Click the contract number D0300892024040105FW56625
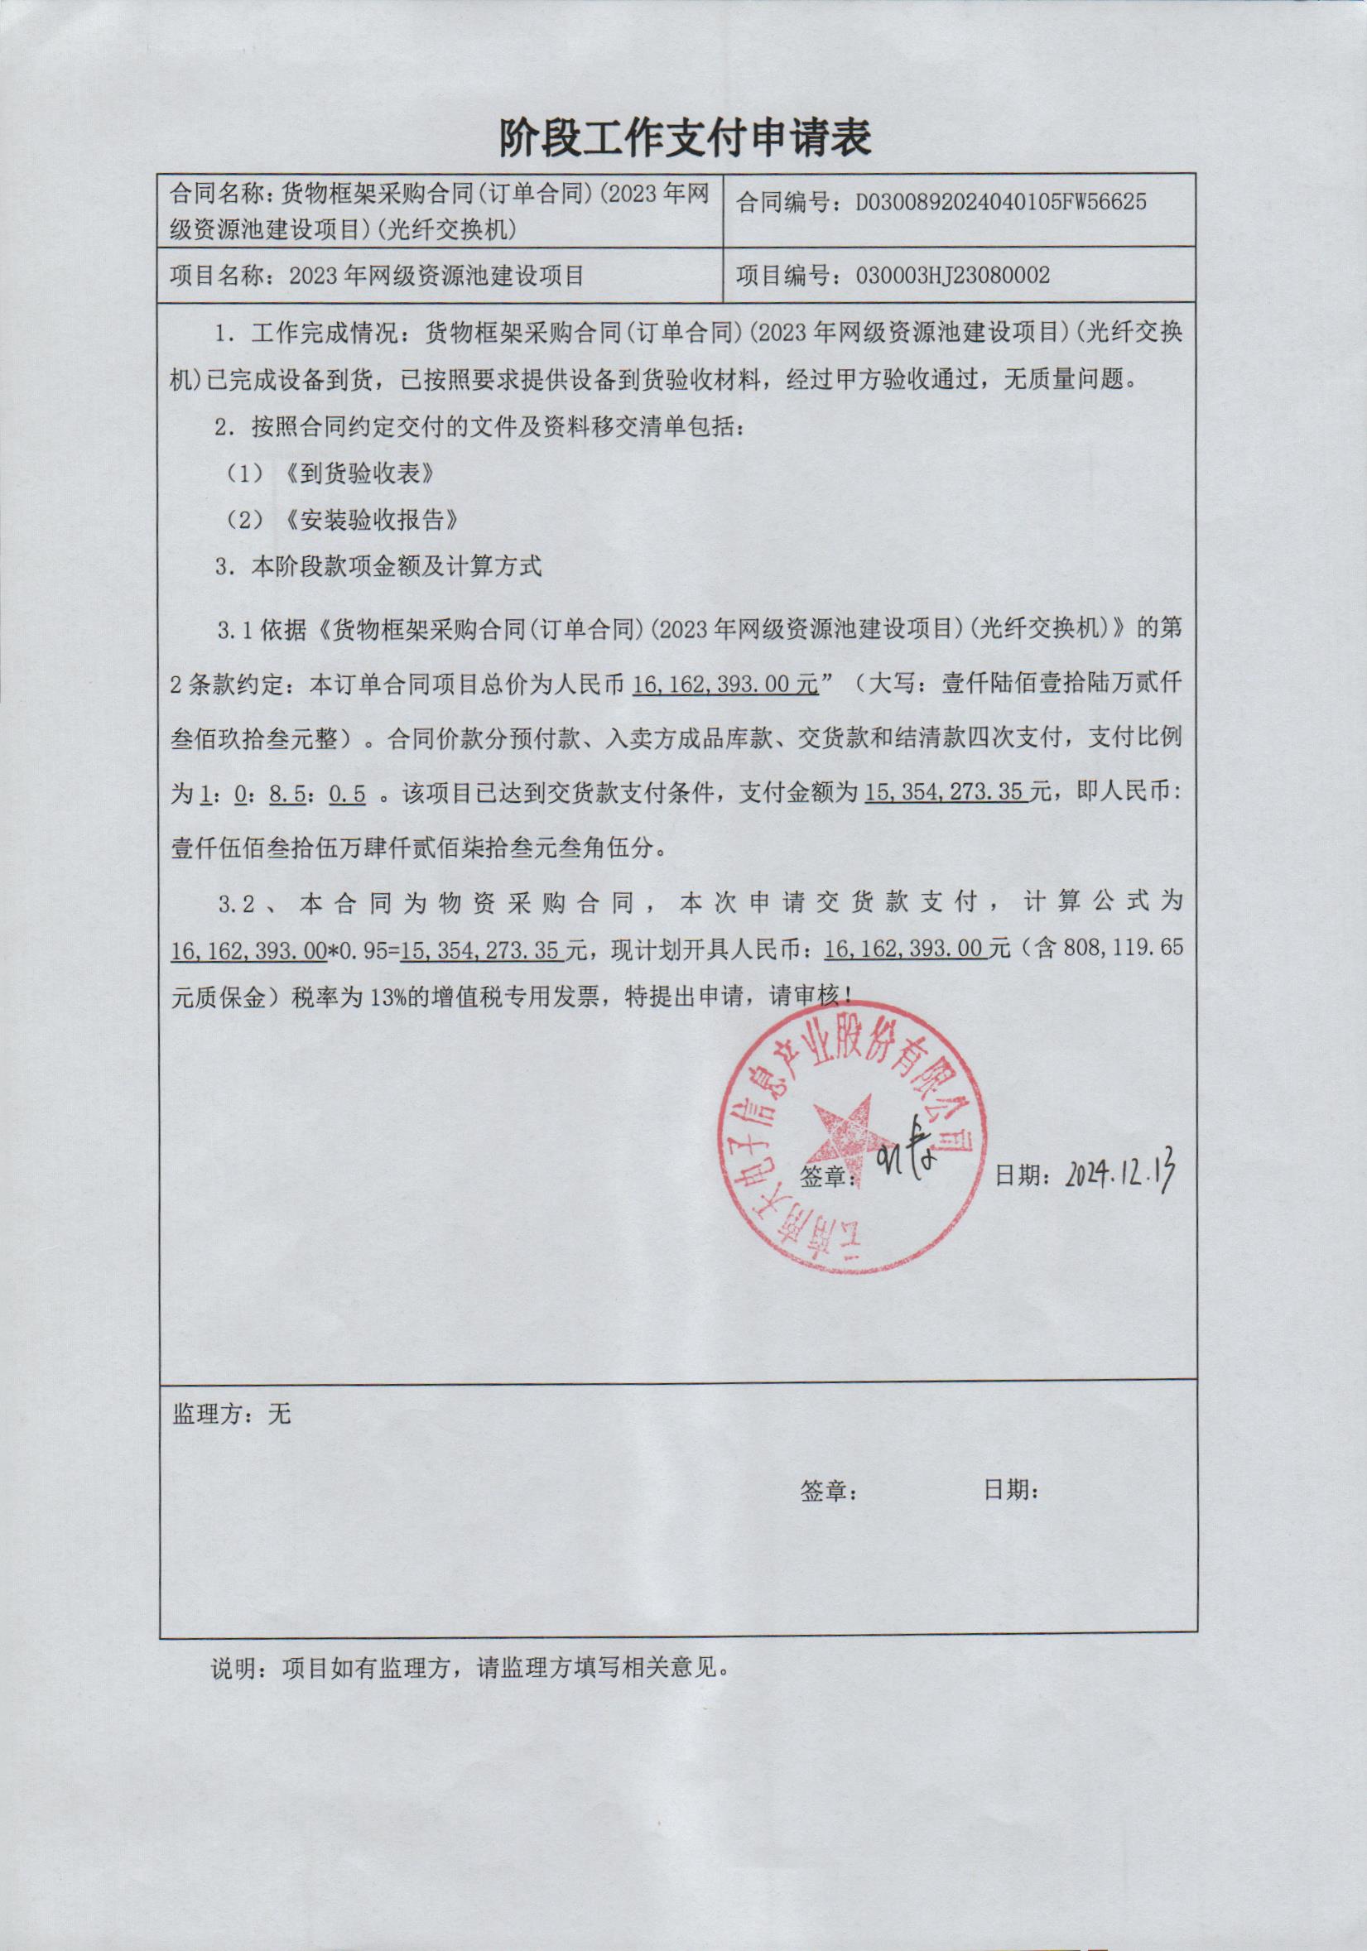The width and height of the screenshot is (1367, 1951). [1000, 202]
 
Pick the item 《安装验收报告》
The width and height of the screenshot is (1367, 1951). [373, 519]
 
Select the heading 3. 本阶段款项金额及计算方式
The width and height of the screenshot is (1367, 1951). [378, 566]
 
